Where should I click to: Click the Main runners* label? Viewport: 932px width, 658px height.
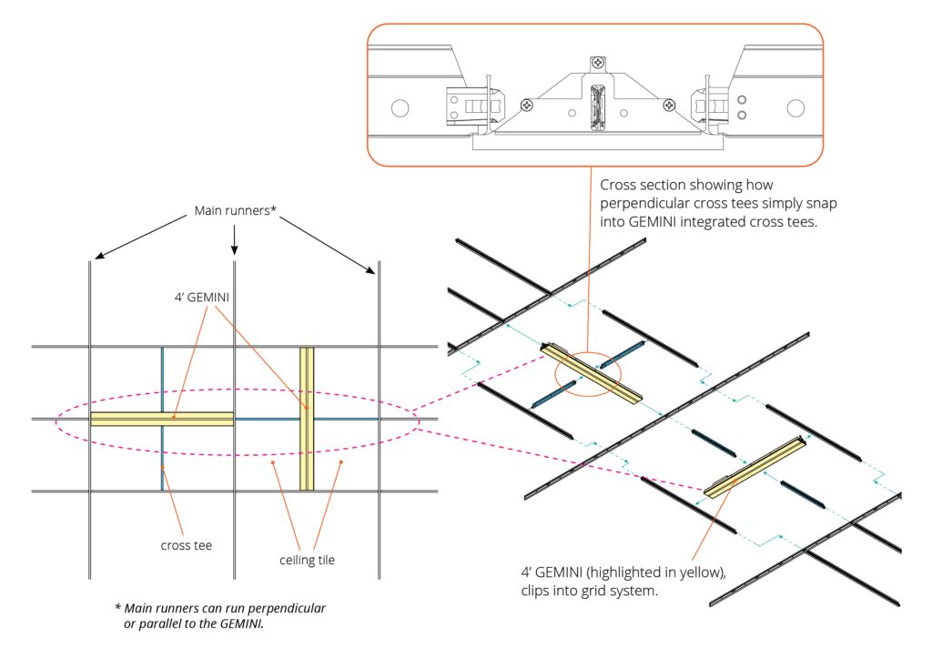pos(235,212)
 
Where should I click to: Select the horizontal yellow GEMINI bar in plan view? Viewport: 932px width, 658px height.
pos(162,419)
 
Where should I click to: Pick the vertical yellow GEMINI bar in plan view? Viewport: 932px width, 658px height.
pos(307,419)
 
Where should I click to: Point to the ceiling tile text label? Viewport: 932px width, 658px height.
pos(307,560)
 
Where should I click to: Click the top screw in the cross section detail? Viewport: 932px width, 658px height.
pos(597,62)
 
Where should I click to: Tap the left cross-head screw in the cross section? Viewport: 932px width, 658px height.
pos(526,106)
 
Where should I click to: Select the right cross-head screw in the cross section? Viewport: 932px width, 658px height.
pos(669,106)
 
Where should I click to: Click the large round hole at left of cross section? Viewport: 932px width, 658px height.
pos(400,108)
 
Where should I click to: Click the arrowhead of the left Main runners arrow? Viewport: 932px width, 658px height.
pos(94,258)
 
